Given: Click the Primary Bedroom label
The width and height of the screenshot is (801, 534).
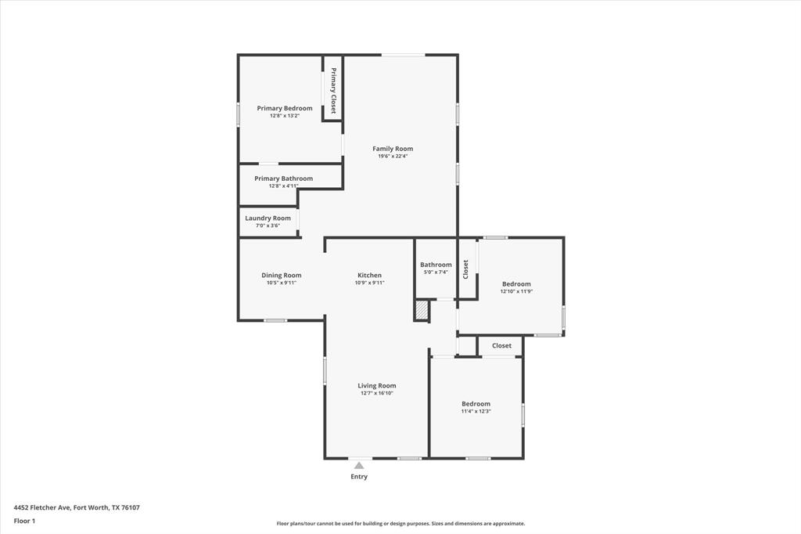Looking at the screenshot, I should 285,108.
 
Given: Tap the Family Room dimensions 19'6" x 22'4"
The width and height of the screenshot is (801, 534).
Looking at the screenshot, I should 393,156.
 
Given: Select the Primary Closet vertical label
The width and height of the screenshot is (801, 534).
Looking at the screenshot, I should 332,91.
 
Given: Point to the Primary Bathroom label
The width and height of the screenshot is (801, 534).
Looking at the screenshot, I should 283,179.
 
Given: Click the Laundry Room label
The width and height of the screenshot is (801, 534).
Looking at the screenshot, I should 268,218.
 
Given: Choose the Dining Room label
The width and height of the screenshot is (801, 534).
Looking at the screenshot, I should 281,275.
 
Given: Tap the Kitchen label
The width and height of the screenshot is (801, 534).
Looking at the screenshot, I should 369,275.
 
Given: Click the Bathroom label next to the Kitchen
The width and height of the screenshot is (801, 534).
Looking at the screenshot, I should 436,265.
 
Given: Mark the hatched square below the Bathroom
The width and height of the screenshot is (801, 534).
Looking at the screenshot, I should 422,311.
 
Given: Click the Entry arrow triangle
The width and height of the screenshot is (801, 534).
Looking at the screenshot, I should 359,465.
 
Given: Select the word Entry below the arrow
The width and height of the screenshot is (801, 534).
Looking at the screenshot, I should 359,476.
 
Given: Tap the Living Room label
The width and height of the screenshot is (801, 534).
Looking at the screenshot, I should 377,385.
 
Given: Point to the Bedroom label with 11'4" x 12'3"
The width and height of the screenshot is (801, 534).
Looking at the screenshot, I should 476,404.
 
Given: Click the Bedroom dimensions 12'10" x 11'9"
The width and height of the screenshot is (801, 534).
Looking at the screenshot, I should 516,291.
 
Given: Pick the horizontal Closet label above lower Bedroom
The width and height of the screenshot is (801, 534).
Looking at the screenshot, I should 501,345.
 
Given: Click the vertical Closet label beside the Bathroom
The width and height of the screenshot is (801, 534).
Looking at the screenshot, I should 466,269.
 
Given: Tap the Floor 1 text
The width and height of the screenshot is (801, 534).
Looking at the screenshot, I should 24,521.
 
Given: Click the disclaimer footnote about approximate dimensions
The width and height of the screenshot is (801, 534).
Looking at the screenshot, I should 400,524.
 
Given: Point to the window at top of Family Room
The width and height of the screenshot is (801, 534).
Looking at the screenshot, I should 403,55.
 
